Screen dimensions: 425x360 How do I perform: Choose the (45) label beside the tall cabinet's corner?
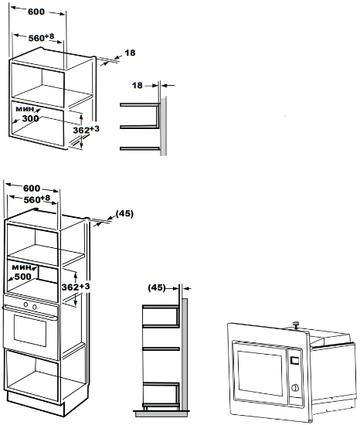click(124, 213)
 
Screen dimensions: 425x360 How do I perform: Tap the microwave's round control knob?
click(294, 389)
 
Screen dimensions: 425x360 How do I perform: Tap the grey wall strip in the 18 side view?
click(164, 124)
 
